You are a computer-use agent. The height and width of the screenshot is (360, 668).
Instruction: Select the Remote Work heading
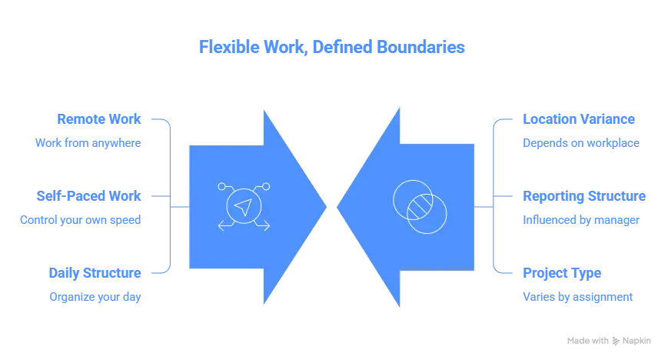[98, 119]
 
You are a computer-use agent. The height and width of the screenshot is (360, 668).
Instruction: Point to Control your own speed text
[80, 220]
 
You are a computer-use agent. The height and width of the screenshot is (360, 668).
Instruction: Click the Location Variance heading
[579, 119]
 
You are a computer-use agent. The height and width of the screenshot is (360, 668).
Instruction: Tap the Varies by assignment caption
[577, 295]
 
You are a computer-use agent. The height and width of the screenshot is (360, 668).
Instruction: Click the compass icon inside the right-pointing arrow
[244, 205]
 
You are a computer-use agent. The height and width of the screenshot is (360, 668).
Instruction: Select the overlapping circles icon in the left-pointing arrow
[419, 205]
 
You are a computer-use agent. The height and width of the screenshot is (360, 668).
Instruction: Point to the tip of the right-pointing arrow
[326, 205]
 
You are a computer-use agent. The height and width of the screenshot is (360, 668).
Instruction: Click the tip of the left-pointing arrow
[339, 205]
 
